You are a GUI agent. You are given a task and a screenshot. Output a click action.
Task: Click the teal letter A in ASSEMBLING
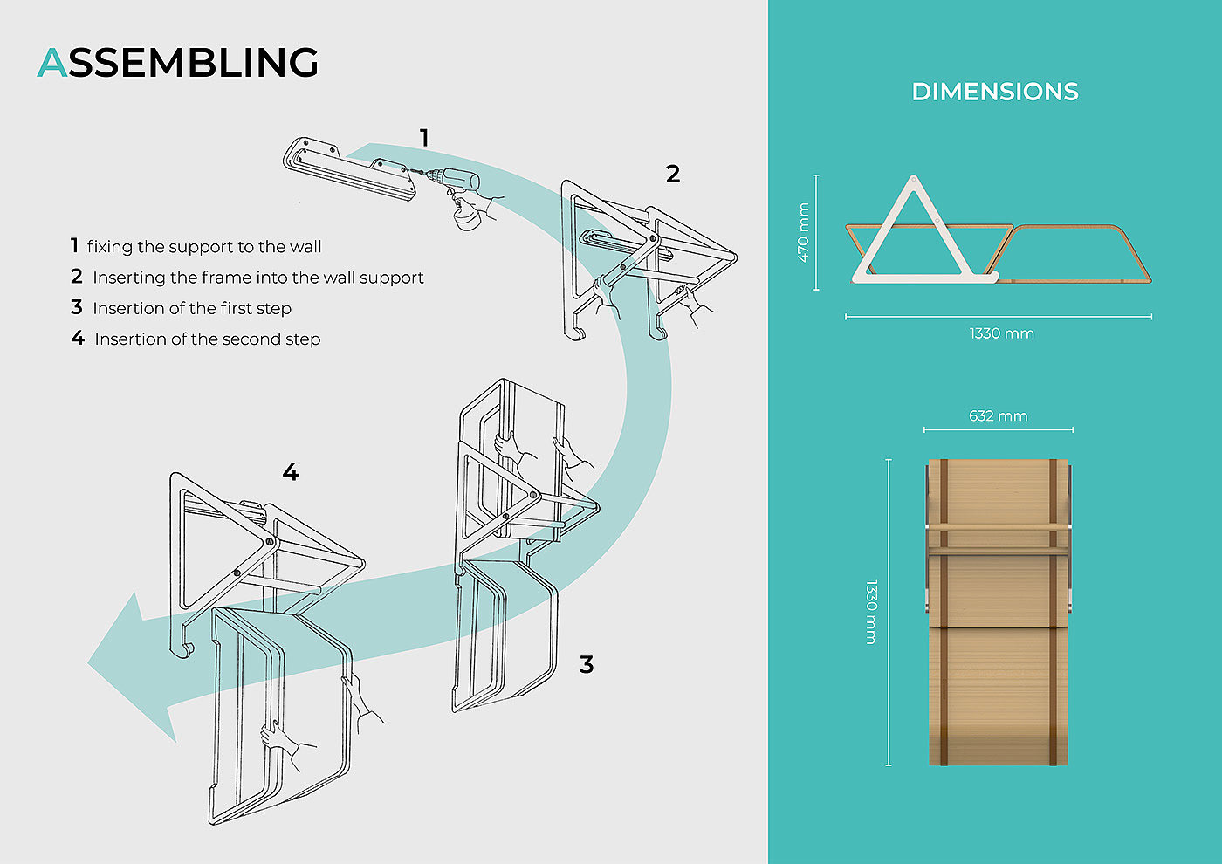click(x=52, y=63)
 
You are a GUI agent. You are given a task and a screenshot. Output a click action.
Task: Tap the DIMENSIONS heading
click(x=995, y=92)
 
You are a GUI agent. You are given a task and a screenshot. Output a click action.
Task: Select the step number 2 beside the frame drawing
click(x=672, y=175)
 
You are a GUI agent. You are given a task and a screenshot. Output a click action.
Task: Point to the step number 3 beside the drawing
click(x=587, y=665)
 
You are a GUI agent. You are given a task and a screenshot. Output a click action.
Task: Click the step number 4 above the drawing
click(x=291, y=473)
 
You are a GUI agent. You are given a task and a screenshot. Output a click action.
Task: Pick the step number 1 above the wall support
click(x=424, y=138)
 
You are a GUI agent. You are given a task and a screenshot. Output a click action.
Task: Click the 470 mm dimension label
click(x=803, y=232)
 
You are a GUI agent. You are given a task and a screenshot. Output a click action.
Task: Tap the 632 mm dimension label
click(x=998, y=416)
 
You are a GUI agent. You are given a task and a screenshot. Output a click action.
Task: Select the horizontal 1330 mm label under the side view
click(x=1001, y=333)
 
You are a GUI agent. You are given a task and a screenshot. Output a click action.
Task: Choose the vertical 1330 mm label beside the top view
click(x=871, y=612)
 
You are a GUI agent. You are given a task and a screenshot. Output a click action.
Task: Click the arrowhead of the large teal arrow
click(x=131, y=663)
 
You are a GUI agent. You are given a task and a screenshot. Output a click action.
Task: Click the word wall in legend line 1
click(x=305, y=247)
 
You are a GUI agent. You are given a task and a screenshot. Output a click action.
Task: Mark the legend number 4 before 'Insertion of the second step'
click(x=78, y=338)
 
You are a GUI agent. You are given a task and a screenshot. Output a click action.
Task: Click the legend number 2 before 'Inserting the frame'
click(x=77, y=277)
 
